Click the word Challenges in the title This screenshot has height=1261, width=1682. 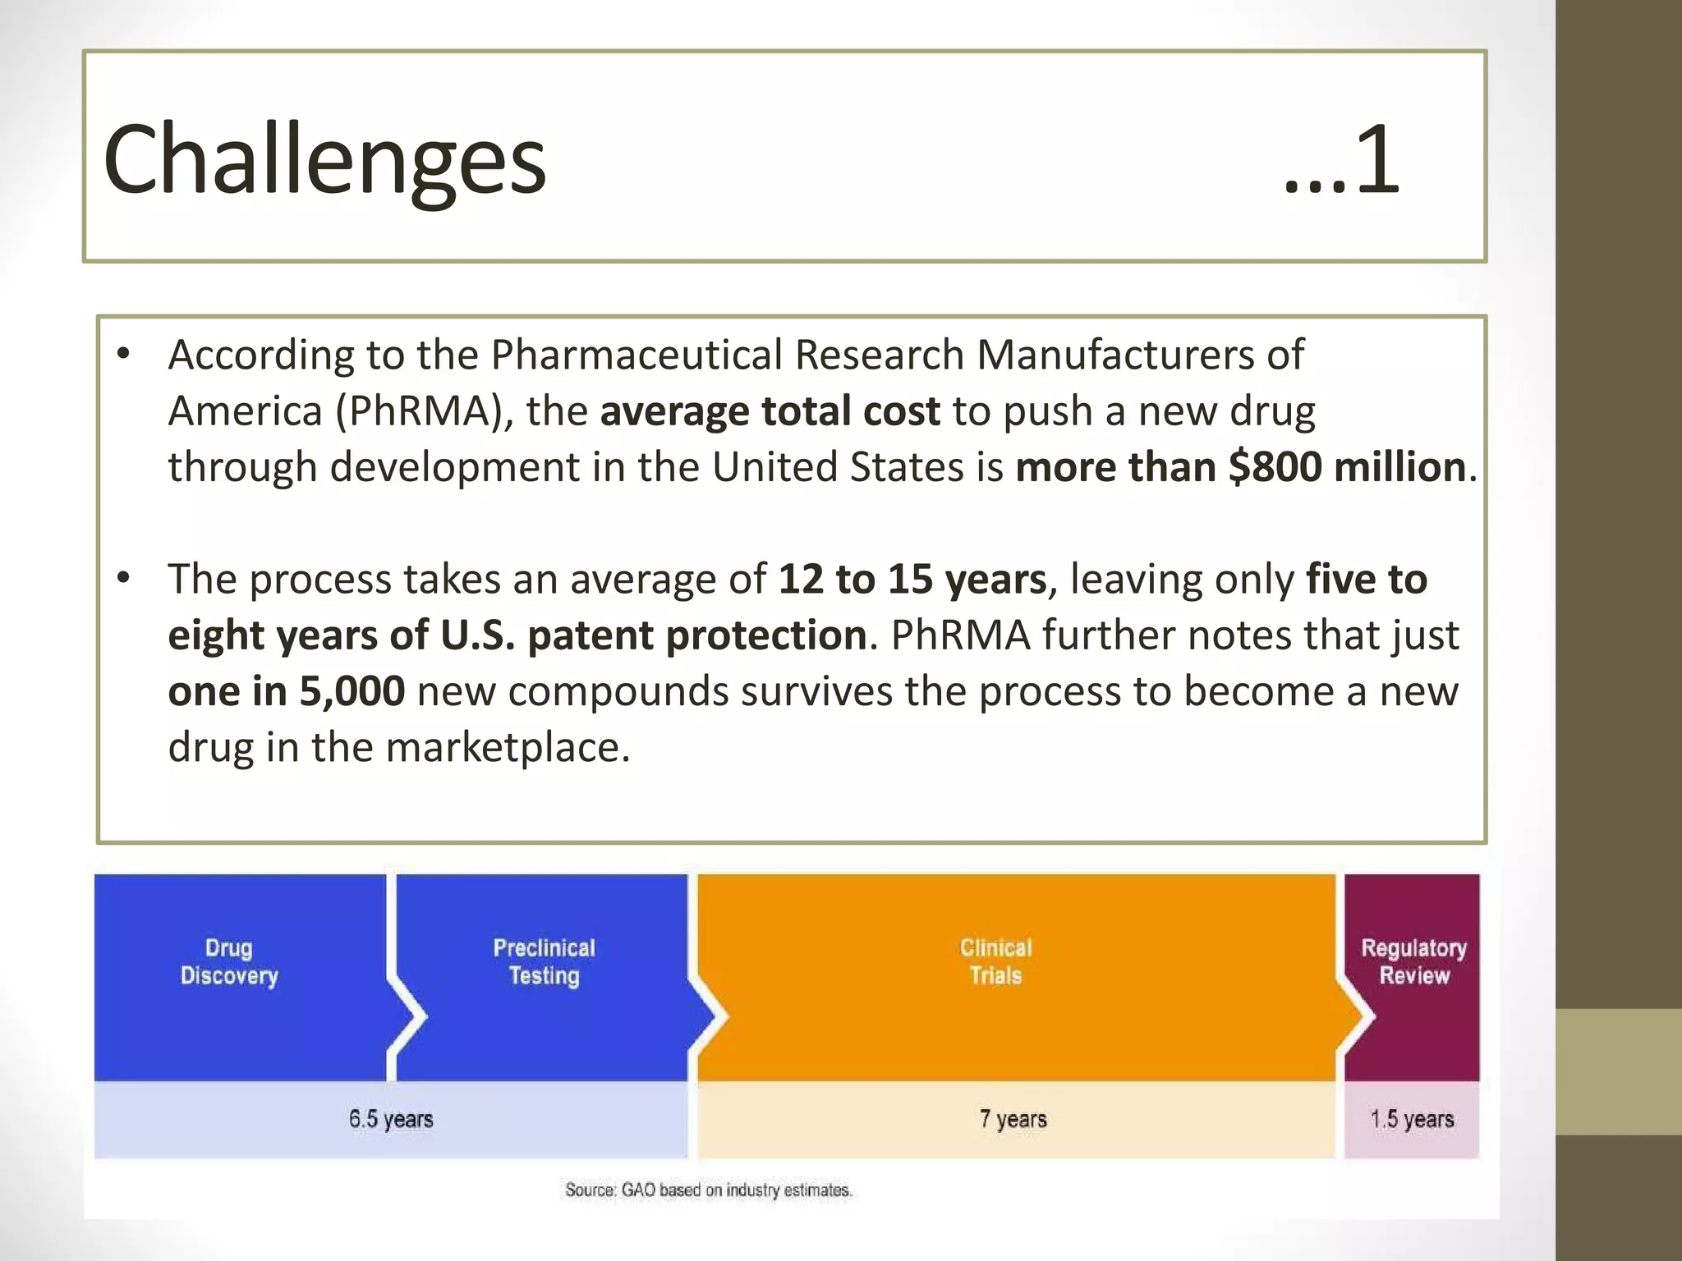[324, 159]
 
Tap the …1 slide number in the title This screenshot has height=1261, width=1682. [1340, 159]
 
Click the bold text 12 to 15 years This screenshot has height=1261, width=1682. [912, 580]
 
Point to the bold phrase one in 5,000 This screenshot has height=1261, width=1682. [286, 691]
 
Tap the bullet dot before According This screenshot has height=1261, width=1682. [124, 355]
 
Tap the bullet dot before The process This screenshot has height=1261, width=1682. [124, 579]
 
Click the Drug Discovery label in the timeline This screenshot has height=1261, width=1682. [229, 961]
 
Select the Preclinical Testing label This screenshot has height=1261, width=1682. [544, 961]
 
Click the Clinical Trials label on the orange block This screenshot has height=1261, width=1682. [995, 961]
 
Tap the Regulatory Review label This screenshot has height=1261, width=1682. [1413, 961]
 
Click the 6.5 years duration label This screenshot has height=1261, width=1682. [391, 1119]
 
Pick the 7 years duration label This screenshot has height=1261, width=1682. [1013, 1119]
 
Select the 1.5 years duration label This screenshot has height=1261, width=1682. [1412, 1119]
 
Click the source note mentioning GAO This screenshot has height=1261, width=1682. [708, 1190]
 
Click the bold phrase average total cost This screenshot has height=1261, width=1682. [770, 411]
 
